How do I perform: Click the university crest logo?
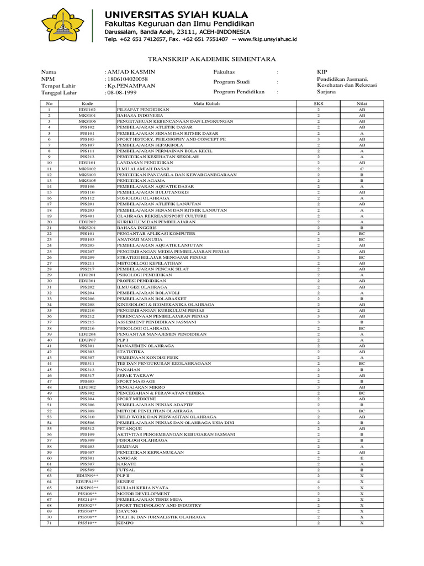[62, 27]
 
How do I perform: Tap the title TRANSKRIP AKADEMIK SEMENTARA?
[212, 59]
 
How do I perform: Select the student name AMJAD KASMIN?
[130, 72]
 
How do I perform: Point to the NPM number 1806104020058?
[126, 79]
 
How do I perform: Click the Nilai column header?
[362, 103]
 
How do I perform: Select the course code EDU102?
[87, 109]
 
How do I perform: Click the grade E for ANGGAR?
[362, 458]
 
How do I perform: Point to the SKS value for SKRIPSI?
[319, 482]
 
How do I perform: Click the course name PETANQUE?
[129, 428]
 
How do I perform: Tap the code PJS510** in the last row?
[87, 523]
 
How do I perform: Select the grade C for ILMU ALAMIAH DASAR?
[362, 169]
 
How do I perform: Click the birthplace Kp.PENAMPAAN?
[131, 86]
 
